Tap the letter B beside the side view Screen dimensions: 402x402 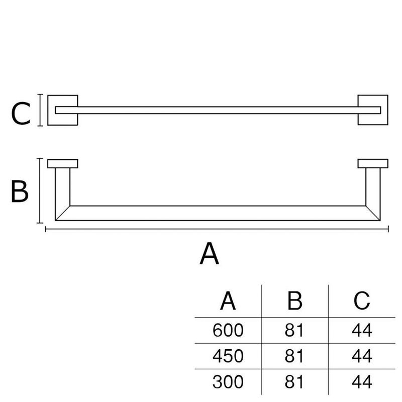(20, 191)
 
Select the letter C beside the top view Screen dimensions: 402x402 (21, 114)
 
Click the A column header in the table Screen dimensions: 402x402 (228, 300)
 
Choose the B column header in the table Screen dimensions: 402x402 (295, 300)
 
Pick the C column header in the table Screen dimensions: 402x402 (362, 300)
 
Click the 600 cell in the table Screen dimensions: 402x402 (228, 330)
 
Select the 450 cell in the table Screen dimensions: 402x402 (228, 356)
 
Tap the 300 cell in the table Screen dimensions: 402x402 (228, 382)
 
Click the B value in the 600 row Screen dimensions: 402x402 (294, 330)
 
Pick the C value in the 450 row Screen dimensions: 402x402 (362, 356)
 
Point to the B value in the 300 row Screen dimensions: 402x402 (294, 382)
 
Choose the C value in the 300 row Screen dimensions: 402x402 (362, 382)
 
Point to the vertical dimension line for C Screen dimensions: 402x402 (40, 110)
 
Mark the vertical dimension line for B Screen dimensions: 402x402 (40, 190)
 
